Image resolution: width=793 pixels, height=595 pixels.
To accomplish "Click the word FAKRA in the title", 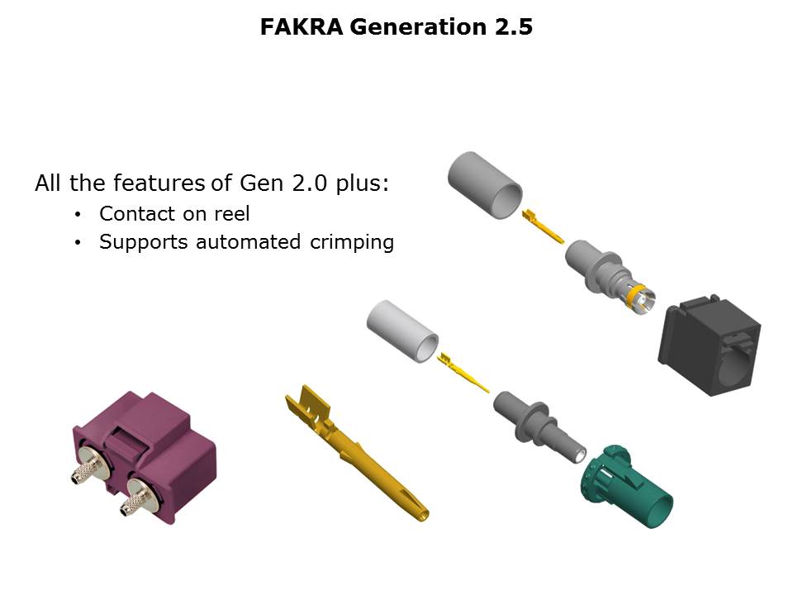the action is [x=302, y=26].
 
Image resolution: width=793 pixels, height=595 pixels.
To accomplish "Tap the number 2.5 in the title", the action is [x=513, y=26].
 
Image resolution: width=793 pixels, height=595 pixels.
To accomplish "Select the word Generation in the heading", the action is [x=418, y=26].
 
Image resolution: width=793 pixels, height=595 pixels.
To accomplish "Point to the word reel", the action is [x=231, y=213].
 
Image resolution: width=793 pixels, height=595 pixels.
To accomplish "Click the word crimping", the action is [x=352, y=242].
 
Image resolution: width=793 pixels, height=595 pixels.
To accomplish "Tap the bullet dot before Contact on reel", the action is [x=78, y=215].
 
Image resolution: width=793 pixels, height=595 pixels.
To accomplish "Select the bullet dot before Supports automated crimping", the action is [x=78, y=243].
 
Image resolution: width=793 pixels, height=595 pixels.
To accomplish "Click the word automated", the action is [x=249, y=241].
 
